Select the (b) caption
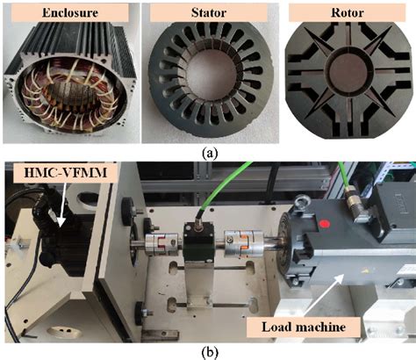pos(207,351)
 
